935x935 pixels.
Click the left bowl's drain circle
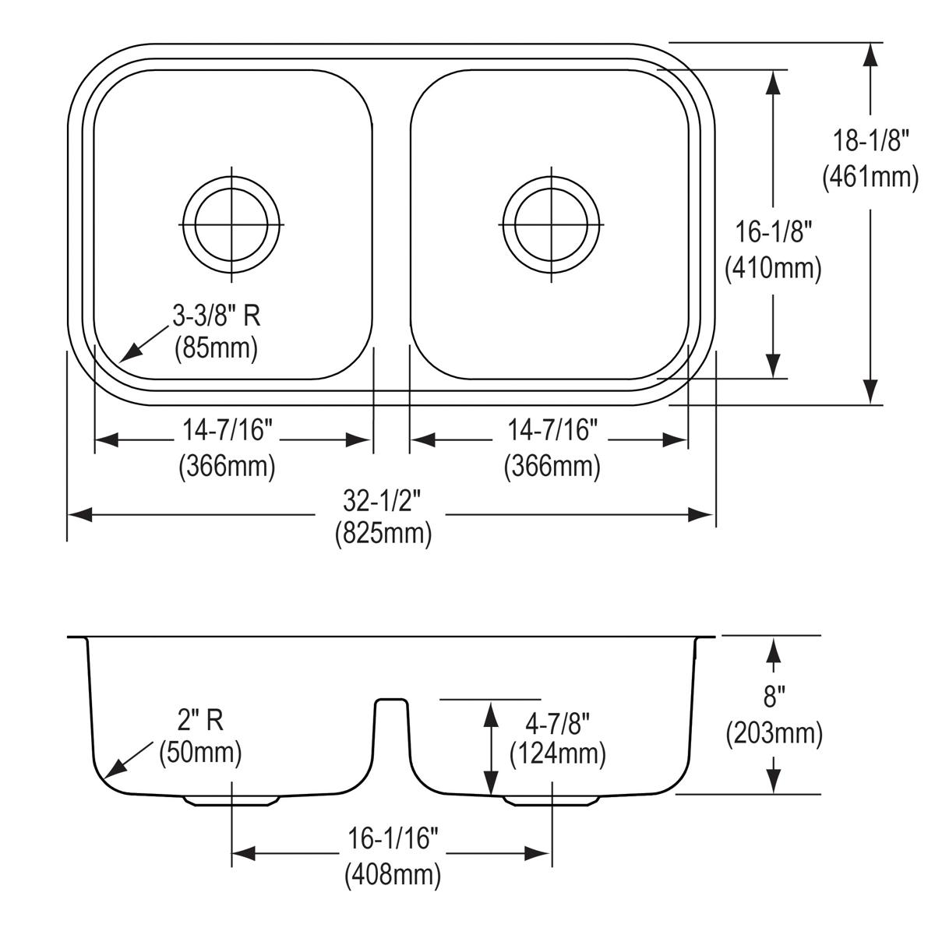coord(231,224)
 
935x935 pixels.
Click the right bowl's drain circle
coord(552,224)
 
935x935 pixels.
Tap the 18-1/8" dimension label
coord(871,142)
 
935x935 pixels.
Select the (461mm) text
coord(871,178)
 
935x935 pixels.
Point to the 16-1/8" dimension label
coord(774,231)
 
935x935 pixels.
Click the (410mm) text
coord(774,268)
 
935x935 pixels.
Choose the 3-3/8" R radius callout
coord(216,315)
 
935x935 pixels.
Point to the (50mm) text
coord(200,753)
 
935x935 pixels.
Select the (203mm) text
coord(774,733)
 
